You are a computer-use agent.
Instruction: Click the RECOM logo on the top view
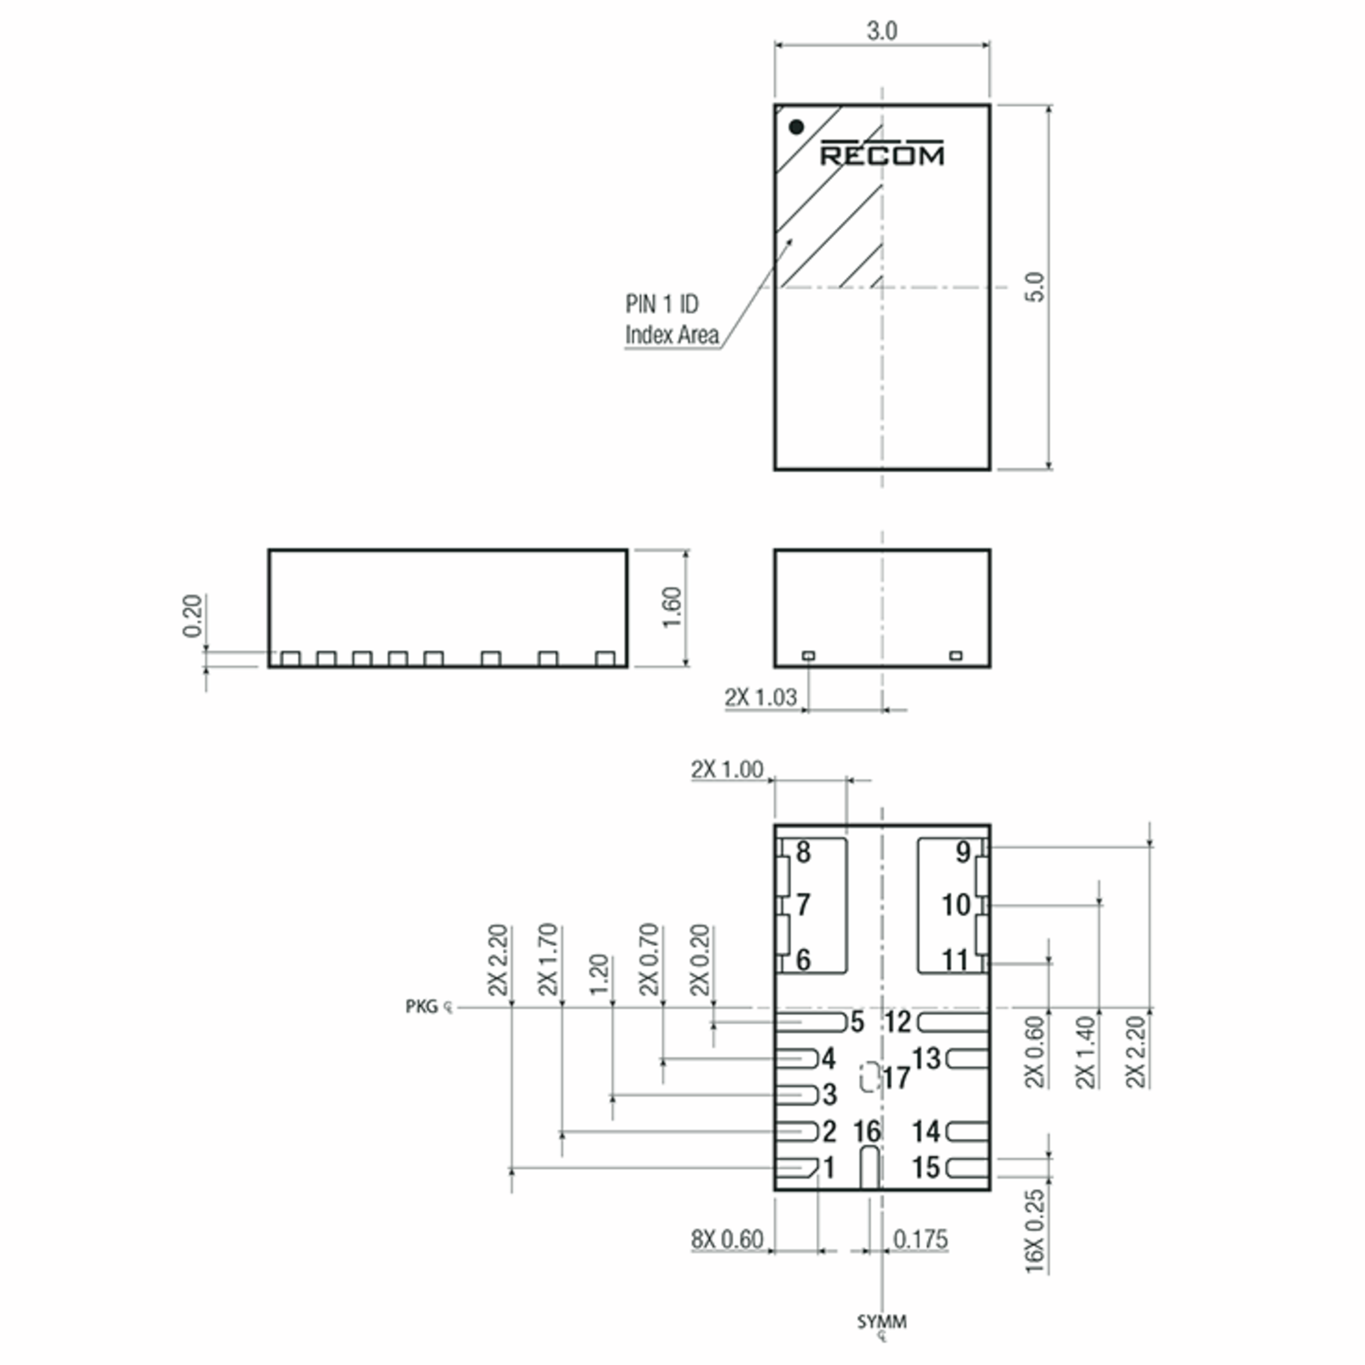coord(881,154)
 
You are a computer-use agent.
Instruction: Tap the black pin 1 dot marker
coord(796,127)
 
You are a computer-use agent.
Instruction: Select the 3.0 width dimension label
coord(882,31)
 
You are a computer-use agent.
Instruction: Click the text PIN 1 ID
coord(661,304)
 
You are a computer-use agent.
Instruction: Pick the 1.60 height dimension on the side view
coord(672,607)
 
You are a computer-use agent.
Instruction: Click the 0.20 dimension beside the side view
coord(192,615)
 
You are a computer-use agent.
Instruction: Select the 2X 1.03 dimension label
coord(760,697)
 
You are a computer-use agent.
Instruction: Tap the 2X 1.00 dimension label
coord(727,770)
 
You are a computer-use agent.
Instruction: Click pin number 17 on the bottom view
coord(896,1078)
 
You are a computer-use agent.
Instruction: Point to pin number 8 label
coord(803,852)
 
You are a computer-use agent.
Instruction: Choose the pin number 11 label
coord(955,960)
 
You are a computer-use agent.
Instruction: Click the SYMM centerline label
coord(882,1322)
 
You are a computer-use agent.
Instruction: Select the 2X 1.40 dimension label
coord(1085,1053)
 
